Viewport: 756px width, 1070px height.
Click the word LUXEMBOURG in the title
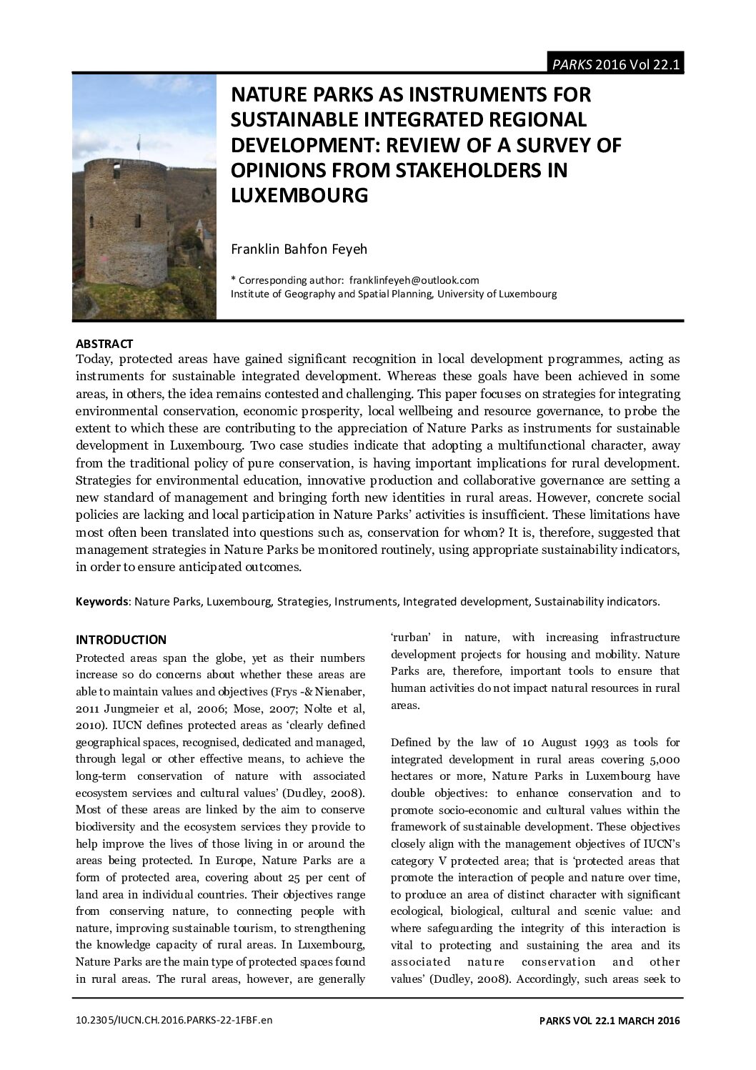(x=299, y=195)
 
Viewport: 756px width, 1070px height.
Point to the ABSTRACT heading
(x=104, y=344)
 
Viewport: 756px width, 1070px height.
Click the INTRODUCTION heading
(x=121, y=640)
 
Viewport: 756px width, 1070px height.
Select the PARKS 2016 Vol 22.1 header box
(x=615, y=64)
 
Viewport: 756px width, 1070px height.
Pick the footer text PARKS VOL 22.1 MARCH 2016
(x=609, y=1021)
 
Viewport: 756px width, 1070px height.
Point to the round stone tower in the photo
(x=124, y=221)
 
